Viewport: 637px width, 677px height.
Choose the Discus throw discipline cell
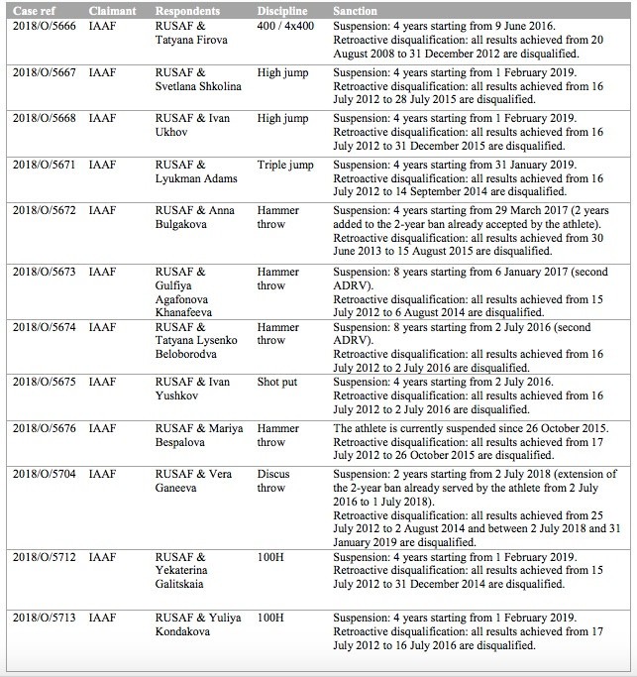[273, 481]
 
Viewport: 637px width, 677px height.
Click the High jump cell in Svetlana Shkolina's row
[282, 72]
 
